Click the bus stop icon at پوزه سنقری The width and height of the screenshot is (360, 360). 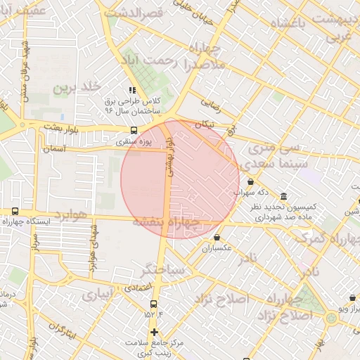point(134,130)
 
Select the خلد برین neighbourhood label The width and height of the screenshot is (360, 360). point(72,88)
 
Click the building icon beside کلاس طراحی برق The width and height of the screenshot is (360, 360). point(131,90)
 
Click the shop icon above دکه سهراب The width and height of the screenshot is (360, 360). point(251,181)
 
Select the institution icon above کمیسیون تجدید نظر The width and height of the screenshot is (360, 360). point(283,196)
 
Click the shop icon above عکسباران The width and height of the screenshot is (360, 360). point(217,237)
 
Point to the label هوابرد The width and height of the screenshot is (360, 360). point(72,214)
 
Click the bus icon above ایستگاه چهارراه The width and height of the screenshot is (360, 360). point(15,211)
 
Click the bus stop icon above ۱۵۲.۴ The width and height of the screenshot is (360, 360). point(153,304)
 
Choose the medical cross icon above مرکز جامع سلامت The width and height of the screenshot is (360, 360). point(154,332)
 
